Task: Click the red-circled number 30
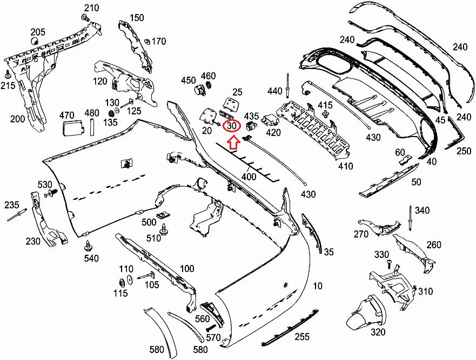(232, 126)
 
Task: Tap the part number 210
(91, 8)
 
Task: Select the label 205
(38, 31)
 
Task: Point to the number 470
(66, 114)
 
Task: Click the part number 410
(346, 166)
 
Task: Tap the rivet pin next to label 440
(289, 83)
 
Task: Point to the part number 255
(302, 337)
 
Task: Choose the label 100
(187, 269)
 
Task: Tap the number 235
(12, 205)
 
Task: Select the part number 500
(149, 222)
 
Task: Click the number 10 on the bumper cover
(317, 285)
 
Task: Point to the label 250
(463, 151)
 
